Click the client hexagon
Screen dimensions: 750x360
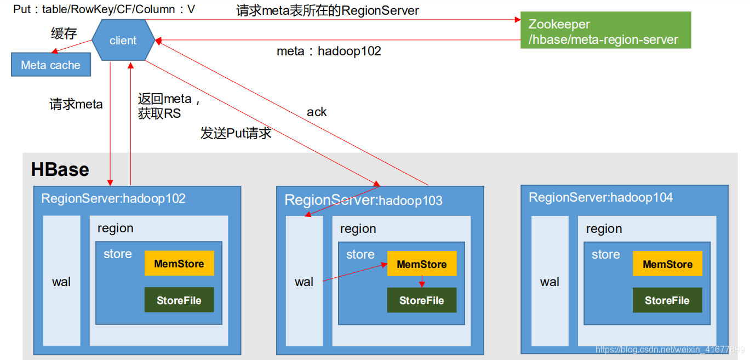(x=123, y=40)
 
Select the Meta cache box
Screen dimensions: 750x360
(x=51, y=65)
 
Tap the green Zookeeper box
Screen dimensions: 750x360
(x=606, y=30)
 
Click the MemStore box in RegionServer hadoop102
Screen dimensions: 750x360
(x=179, y=264)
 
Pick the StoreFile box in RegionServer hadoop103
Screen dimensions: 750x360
(x=422, y=300)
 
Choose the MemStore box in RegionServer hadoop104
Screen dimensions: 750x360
(x=668, y=264)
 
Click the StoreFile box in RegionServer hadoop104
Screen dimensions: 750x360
(x=667, y=300)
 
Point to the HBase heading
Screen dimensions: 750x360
(x=60, y=169)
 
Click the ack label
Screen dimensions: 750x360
(x=317, y=112)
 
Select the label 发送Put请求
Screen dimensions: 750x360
(x=236, y=133)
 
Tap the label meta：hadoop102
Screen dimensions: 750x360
(x=329, y=52)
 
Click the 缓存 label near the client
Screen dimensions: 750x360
(x=64, y=33)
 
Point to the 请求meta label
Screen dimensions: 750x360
(x=76, y=104)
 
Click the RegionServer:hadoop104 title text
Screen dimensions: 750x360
(x=600, y=197)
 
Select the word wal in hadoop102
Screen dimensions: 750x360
(x=61, y=282)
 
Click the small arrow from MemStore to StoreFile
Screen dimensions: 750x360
(x=422, y=282)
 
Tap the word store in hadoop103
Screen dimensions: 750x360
(x=360, y=254)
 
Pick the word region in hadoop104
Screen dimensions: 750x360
(x=604, y=228)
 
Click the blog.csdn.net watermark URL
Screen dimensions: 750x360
(x=670, y=349)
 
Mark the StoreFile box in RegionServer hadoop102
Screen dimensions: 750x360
(x=179, y=300)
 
